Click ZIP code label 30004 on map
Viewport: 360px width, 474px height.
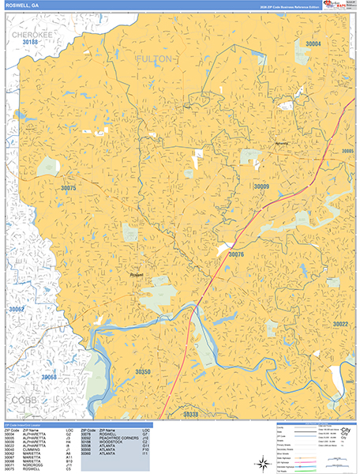coord(313,44)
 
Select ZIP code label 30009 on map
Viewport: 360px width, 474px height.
coord(261,186)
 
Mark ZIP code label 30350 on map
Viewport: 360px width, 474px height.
coord(142,371)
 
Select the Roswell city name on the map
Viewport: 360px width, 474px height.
coord(137,275)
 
